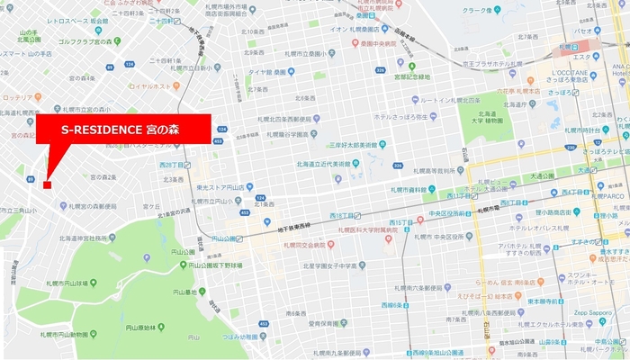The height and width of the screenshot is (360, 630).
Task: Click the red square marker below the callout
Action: (47, 184)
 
